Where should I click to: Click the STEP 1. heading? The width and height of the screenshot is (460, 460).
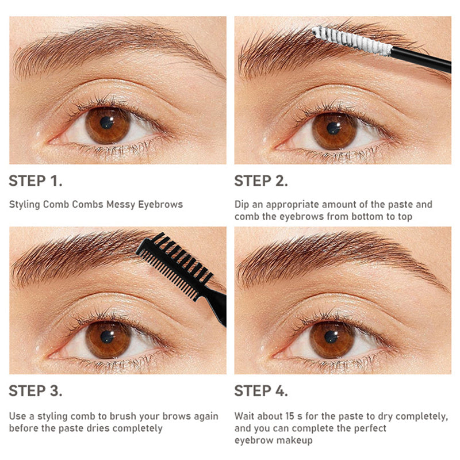pyautogui.click(x=36, y=181)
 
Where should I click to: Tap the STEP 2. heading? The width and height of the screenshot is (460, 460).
pyautogui.click(x=261, y=181)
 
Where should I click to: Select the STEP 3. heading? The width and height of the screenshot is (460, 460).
pyautogui.click(x=36, y=391)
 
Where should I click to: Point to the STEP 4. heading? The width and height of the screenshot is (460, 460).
pyautogui.click(x=261, y=391)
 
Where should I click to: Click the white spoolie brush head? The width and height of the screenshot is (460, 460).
pyautogui.click(x=352, y=41)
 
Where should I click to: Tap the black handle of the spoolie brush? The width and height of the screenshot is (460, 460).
pyautogui.click(x=421, y=60)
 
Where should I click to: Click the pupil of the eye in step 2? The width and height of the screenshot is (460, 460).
pyautogui.click(x=333, y=128)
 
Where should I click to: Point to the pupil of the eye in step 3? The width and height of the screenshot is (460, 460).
pyautogui.click(x=106, y=337)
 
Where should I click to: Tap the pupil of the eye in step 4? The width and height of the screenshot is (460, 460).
pyautogui.click(x=331, y=337)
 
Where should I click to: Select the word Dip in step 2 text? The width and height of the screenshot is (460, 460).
pyautogui.click(x=241, y=205)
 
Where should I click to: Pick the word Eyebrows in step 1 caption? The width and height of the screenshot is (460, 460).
pyautogui.click(x=160, y=205)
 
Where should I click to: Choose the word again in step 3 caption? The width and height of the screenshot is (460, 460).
pyautogui.click(x=206, y=417)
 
